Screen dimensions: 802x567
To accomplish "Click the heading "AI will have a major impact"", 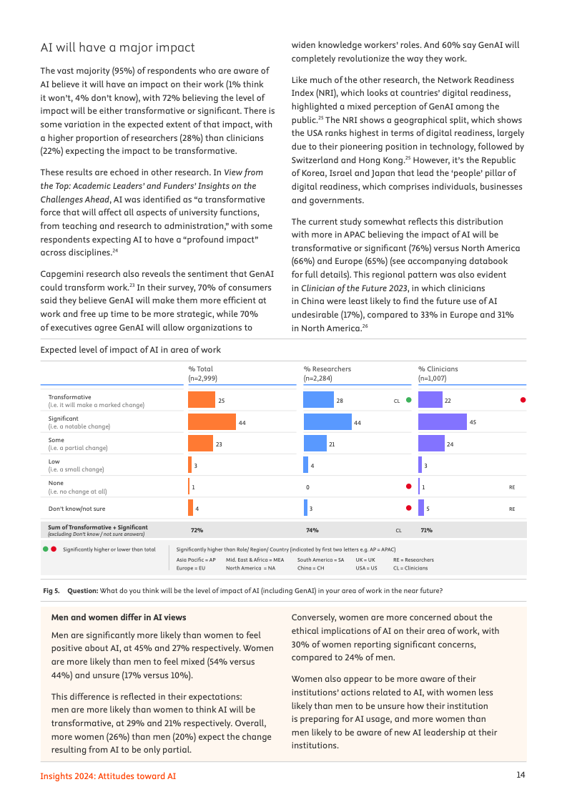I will [117, 48].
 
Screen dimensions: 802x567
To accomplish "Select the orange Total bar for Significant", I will [212, 422].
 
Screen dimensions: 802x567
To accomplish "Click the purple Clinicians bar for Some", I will [431, 444].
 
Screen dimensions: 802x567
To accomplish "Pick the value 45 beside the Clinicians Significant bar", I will [473, 423].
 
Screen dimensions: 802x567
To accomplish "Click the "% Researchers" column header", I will [327, 369].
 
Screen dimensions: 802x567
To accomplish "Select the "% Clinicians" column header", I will [438, 369].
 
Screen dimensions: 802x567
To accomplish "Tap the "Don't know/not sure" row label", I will [77, 508].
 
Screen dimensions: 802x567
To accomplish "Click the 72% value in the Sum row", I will [197, 530].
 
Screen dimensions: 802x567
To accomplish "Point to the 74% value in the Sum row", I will [312, 530].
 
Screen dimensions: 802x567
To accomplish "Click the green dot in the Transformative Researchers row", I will [408, 401].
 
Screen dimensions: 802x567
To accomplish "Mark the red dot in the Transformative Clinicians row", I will [523, 401].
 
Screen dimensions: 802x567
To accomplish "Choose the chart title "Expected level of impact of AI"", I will [130, 350].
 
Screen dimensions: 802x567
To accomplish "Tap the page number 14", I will [521, 776].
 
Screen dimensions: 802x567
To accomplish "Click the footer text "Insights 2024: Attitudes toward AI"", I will [108, 776].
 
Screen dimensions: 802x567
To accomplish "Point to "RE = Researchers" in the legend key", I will [413, 559].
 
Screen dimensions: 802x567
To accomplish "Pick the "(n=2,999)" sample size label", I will [203, 378].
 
